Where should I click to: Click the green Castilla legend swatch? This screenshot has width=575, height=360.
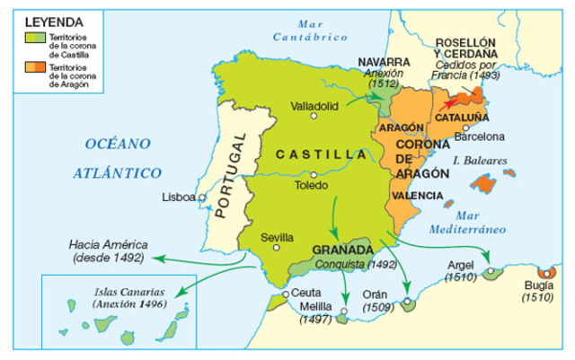[33, 38]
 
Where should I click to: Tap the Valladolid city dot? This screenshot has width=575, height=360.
[314, 116]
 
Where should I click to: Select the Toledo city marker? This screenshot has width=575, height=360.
[312, 174]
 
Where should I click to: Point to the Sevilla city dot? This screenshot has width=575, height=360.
[277, 248]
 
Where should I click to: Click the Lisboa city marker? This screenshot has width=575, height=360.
[202, 198]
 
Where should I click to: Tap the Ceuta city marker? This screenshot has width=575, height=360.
[285, 294]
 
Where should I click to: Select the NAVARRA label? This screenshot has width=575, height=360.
[384, 63]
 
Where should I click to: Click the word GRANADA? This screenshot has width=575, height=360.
[342, 250]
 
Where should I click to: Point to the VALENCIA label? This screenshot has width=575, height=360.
[418, 195]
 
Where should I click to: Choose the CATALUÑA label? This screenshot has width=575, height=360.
[462, 118]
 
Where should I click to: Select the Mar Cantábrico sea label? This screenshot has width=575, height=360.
[309, 31]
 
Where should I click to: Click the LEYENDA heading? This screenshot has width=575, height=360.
[53, 20]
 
